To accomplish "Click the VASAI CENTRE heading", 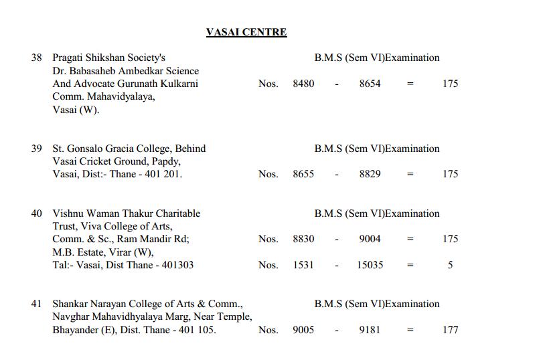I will (246, 32).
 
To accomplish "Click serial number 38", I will (37, 58).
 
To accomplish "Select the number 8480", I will (303, 84).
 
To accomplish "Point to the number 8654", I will (370, 84).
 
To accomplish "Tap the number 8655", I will (303, 174).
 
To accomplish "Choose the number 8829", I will (370, 174).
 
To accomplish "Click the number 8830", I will (303, 239).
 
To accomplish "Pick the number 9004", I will (370, 239).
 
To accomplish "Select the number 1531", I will (303, 265).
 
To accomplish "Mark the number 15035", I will (370, 265).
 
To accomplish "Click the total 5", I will (450, 265).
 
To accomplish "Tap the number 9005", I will (303, 330).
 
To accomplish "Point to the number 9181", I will (370, 330).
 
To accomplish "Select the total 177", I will (450, 330).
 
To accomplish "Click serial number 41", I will (37, 304).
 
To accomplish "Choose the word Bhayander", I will (77, 330).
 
